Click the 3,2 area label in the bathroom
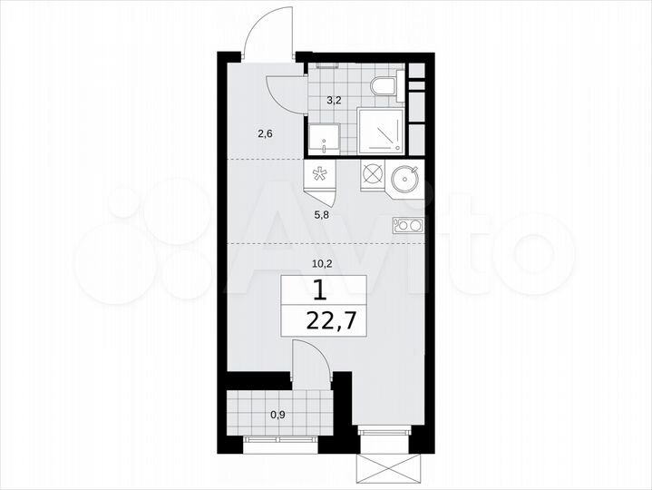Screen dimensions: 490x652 (x=334, y=101)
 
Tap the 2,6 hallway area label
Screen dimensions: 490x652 (x=265, y=133)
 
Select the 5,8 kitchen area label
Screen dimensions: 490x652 (x=322, y=215)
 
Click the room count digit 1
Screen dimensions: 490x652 (x=318, y=290)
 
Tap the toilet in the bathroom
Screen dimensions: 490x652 (x=384, y=88)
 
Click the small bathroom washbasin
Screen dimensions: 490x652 (x=323, y=139)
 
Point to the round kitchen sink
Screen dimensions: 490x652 (x=405, y=178)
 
